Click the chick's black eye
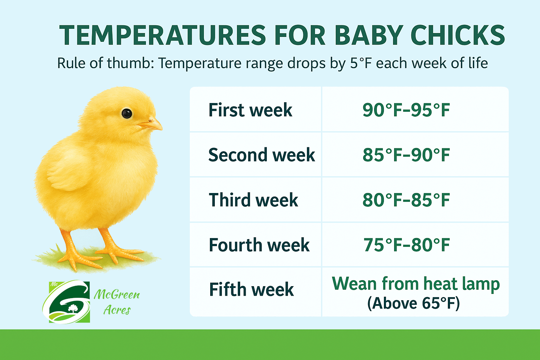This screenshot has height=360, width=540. [x=127, y=113]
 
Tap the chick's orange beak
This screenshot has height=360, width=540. [x=152, y=124]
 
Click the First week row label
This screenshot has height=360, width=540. [x=250, y=110]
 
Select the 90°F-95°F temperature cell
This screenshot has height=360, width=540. [x=406, y=110]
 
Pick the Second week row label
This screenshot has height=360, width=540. [x=261, y=155]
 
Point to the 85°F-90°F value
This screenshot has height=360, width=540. [x=406, y=155]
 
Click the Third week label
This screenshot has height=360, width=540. [x=253, y=200]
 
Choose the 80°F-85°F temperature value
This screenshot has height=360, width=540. [x=406, y=200]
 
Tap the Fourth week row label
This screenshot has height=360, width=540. [x=259, y=245]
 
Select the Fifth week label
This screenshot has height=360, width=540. [x=251, y=290]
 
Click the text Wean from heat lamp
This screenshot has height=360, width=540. [x=416, y=283]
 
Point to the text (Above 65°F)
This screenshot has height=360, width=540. [x=413, y=303]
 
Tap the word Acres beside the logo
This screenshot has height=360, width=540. [x=117, y=310]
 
